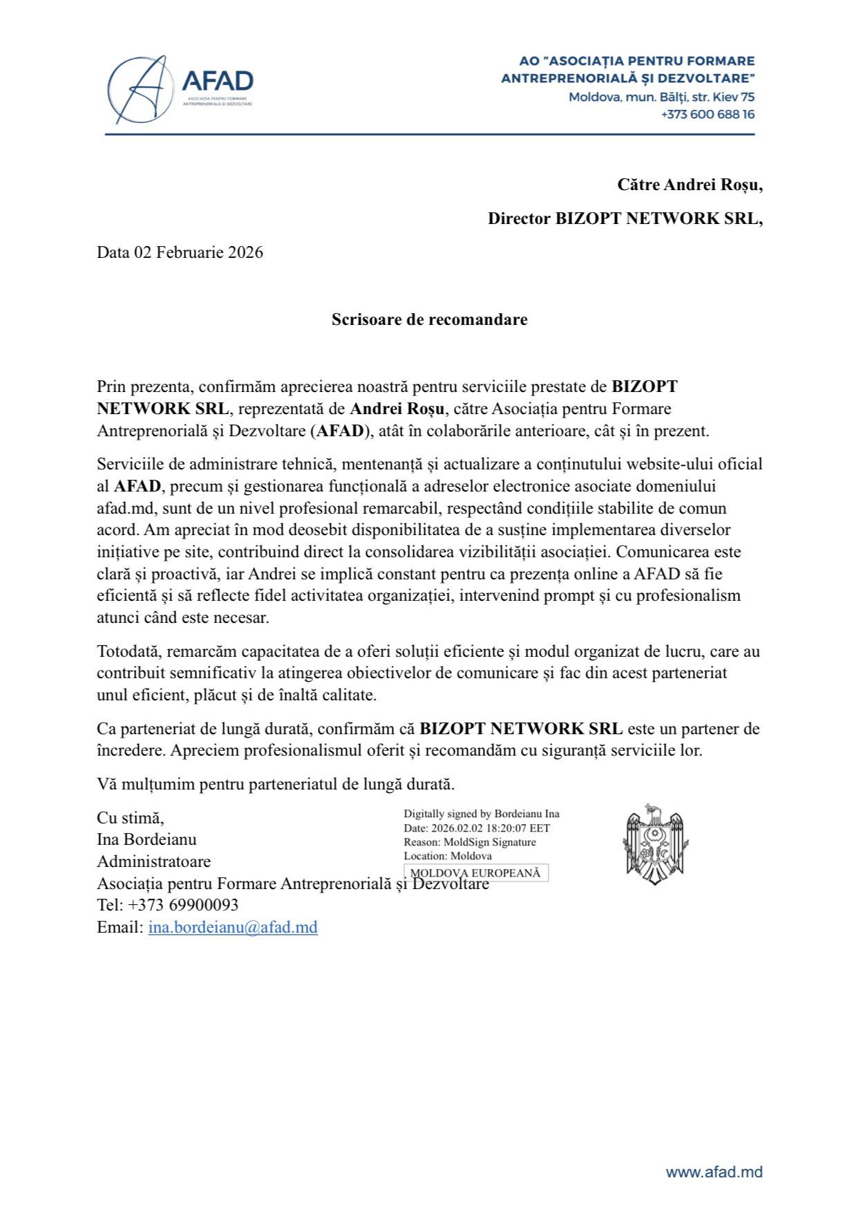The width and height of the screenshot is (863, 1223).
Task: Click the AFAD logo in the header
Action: [181, 88]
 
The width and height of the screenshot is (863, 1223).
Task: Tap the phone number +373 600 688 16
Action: [707, 114]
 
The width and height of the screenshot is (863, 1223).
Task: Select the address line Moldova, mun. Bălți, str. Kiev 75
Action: [661, 97]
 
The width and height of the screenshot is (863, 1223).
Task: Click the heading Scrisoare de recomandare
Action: [429, 319]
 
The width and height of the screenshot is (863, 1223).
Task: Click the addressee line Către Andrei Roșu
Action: [690, 185]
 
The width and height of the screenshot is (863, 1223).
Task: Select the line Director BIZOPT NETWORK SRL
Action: [625, 218]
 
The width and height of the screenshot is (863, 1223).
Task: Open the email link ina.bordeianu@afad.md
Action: [233, 927]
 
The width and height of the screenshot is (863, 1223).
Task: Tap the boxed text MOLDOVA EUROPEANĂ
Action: [475, 873]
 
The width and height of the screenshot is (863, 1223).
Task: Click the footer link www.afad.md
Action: [714, 1172]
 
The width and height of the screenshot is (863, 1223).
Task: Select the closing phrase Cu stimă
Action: [131, 818]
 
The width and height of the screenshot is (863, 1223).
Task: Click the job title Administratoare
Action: [153, 861]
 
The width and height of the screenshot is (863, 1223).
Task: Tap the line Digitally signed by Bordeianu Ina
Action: [482, 814]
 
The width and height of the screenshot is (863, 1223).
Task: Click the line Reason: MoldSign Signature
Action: [470, 842]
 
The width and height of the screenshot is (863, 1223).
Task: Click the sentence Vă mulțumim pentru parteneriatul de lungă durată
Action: [276, 784]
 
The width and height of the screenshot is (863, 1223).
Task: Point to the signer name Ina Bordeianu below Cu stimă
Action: [146, 839]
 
